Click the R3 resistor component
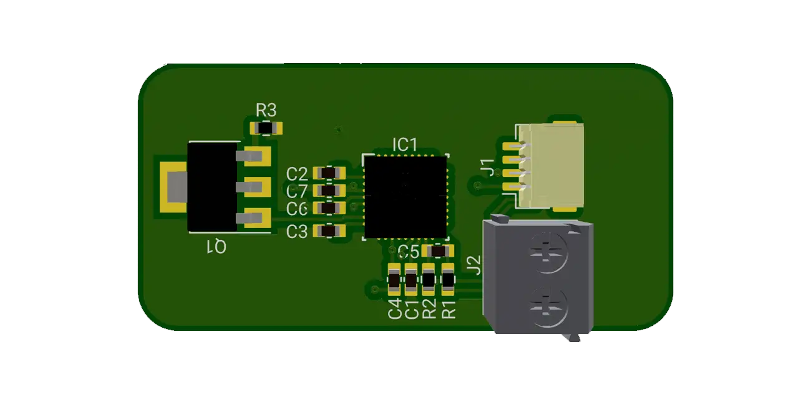[x=266, y=128]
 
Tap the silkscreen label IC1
[x=404, y=145]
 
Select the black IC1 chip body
[x=405, y=197]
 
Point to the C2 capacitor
[x=329, y=173]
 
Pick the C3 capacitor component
[x=329, y=231]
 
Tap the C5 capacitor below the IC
[x=438, y=251]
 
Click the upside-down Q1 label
[x=216, y=247]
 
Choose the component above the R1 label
[x=448, y=280]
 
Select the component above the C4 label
[x=394, y=280]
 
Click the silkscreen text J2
[x=475, y=265]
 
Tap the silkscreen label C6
[x=297, y=209]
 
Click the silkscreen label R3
[x=266, y=110]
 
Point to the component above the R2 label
[x=429, y=280]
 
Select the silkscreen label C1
[x=412, y=309]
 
